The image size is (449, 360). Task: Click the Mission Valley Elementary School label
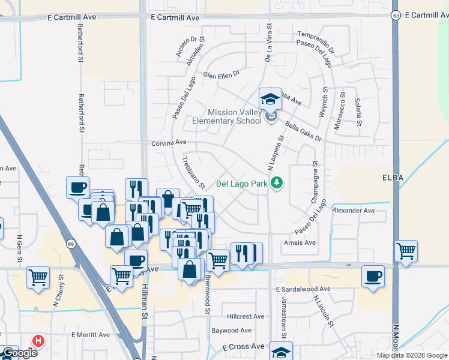pyautogui.click(x=235, y=116)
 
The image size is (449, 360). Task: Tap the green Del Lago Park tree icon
pyautogui.click(x=277, y=182)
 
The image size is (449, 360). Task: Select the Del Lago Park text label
pyautogui.click(x=241, y=184)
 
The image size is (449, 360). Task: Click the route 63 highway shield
pyautogui.click(x=395, y=14)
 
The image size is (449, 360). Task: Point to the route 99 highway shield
pyautogui.click(x=71, y=244)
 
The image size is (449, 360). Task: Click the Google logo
pyautogui.click(x=19, y=353)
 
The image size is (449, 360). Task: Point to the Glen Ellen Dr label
pyautogui.click(x=221, y=75)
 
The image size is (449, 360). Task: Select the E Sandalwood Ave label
pyautogui.click(x=303, y=289)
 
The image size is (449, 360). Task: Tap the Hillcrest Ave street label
pyautogui.click(x=246, y=316)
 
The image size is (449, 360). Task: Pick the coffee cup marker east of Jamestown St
pyautogui.click(x=373, y=277)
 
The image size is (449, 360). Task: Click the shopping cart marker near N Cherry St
pyautogui.click(x=38, y=278)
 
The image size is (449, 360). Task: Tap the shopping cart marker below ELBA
pyautogui.click(x=406, y=251)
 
